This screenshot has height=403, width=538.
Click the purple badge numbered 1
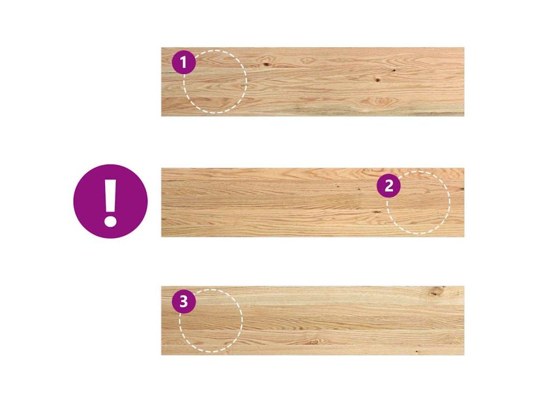(x=183, y=62)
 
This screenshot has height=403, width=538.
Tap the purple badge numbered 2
(x=389, y=186)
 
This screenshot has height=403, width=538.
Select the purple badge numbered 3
(x=183, y=302)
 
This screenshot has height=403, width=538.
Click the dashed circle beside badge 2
(x=450, y=202)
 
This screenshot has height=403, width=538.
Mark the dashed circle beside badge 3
(x=242, y=321)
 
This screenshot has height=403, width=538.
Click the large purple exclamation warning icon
(x=110, y=201)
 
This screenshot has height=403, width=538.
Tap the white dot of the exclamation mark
(x=110, y=220)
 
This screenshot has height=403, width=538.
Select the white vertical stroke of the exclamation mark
(x=110, y=195)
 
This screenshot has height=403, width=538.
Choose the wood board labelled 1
(x=313, y=81)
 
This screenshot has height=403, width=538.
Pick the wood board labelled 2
(x=313, y=202)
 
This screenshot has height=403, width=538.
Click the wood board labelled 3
(x=313, y=321)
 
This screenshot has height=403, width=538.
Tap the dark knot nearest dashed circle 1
(x=266, y=64)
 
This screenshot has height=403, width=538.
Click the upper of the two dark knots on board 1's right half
(x=394, y=71)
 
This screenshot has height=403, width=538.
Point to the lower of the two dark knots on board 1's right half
(x=377, y=80)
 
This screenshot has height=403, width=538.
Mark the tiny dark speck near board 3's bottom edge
(x=417, y=352)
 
